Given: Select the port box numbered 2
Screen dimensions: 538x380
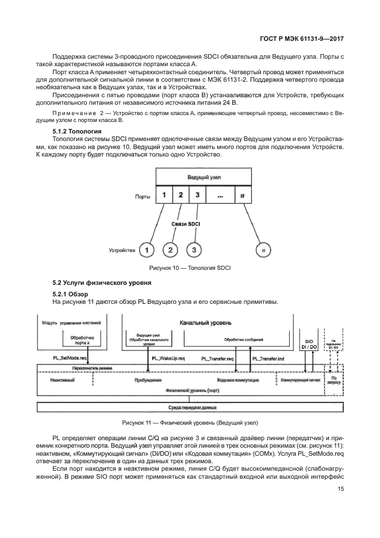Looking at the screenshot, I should pyautogui.click(x=180, y=195).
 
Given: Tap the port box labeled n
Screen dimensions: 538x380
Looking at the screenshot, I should pyautogui.click(x=242, y=195).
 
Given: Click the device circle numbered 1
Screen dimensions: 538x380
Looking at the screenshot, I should pyautogui.click(x=148, y=250).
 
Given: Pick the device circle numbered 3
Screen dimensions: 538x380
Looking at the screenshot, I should pyautogui.click(x=194, y=250).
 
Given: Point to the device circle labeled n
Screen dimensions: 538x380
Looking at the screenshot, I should pyautogui.click(x=263, y=250).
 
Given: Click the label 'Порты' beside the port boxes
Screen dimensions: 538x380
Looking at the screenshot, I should pyautogui.click(x=143, y=196).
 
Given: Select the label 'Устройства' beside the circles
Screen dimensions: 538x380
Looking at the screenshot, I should pyautogui.click(x=121, y=250).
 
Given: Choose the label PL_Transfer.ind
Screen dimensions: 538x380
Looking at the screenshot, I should pyautogui.click(x=269, y=358).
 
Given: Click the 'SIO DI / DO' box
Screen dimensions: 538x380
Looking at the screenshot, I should pyautogui.click(x=309, y=344).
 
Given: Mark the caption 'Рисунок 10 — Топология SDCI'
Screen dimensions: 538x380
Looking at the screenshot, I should pyautogui.click(x=189, y=268).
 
